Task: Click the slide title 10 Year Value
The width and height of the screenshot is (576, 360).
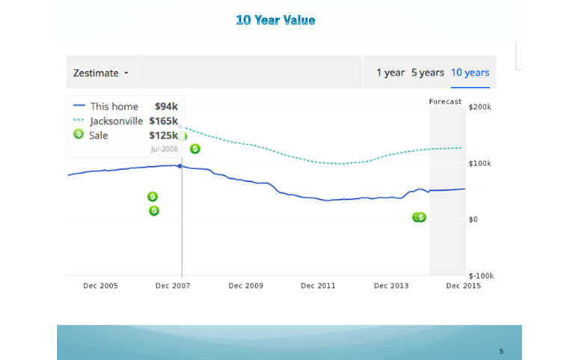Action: point(275,20)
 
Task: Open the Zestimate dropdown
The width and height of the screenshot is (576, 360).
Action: point(101,73)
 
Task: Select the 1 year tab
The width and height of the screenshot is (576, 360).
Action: point(390,73)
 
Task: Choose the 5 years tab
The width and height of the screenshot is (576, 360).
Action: point(427,73)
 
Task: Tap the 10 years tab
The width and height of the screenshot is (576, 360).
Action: point(470,73)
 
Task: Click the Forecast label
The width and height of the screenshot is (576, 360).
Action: point(445,102)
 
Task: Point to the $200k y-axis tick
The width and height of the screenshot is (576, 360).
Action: point(479,107)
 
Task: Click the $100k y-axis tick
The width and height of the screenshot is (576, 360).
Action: point(479,163)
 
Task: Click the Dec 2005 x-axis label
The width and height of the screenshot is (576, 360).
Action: point(100,286)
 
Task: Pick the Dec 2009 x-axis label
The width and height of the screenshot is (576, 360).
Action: point(246,286)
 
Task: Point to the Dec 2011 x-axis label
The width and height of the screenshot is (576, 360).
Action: point(319,286)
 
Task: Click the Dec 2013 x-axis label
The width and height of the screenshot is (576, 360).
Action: point(391,286)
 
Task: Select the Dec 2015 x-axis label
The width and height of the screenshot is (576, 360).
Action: point(464,286)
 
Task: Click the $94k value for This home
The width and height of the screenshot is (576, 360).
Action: point(166,106)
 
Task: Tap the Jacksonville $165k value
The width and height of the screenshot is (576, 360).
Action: point(164,120)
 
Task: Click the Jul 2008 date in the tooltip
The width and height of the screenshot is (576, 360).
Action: point(165,149)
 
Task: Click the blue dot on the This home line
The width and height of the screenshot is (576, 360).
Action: point(180,165)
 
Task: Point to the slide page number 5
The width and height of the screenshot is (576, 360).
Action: point(501,351)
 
